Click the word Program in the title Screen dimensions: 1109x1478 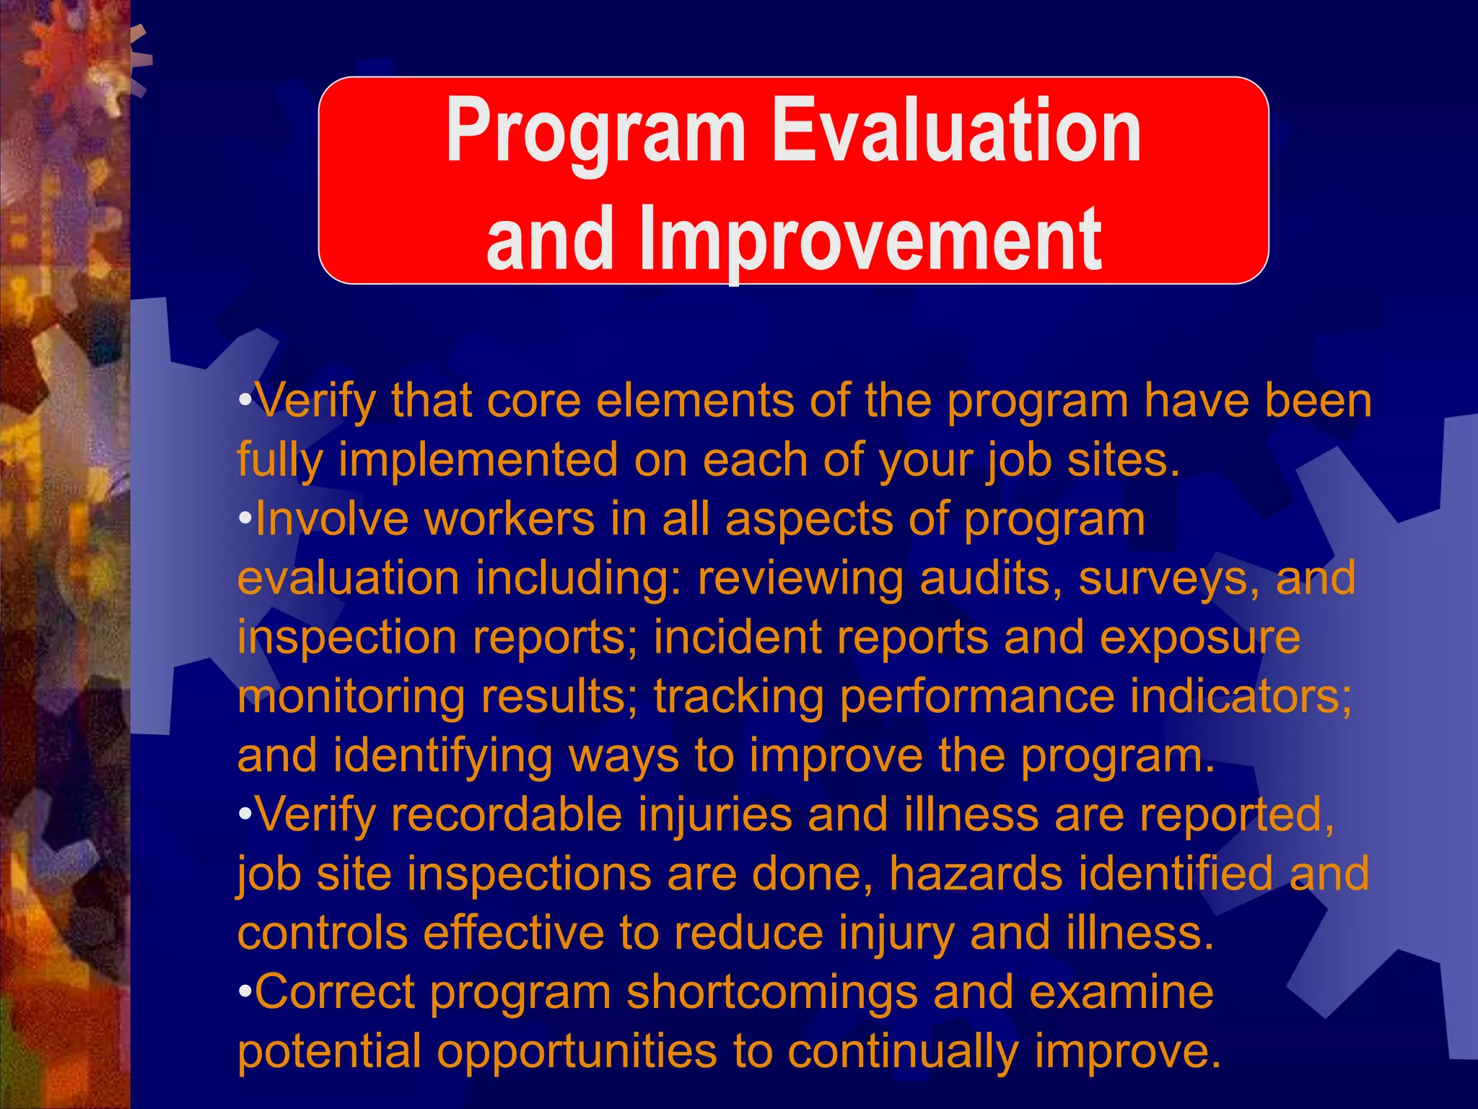(x=595, y=132)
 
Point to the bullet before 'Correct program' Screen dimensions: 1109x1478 (x=245, y=991)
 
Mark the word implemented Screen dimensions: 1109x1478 (x=478, y=461)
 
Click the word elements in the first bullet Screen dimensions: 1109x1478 (x=695, y=401)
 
